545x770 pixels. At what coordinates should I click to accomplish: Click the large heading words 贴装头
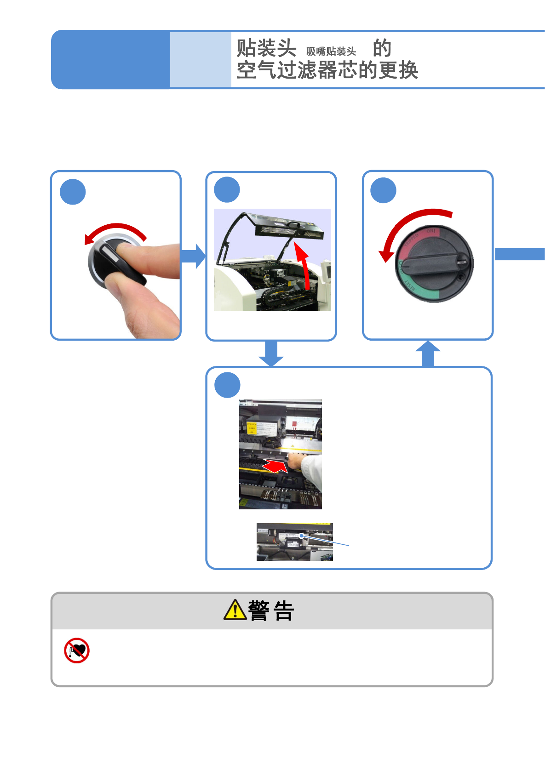[x=266, y=48]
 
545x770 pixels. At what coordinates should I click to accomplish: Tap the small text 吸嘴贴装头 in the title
[x=331, y=51]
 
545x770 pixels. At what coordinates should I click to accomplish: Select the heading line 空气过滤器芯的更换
[x=327, y=70]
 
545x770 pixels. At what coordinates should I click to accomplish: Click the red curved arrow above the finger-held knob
[x=116, y=230]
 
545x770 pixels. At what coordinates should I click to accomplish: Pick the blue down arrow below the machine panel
[x=271, y=354]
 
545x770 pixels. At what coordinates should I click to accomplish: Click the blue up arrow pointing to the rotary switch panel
[x=428, y=354]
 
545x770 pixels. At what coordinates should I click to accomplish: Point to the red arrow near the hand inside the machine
[x=275, y=467]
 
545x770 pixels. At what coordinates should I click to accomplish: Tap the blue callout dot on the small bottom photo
[x=302, y=536]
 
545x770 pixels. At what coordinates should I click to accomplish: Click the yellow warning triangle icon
[x=235, y=610]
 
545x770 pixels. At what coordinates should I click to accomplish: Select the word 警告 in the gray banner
[x=271, y=611]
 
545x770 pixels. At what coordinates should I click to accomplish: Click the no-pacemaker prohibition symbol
[x=77, y=650]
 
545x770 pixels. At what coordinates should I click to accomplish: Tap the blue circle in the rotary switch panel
[x=383, y=190]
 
